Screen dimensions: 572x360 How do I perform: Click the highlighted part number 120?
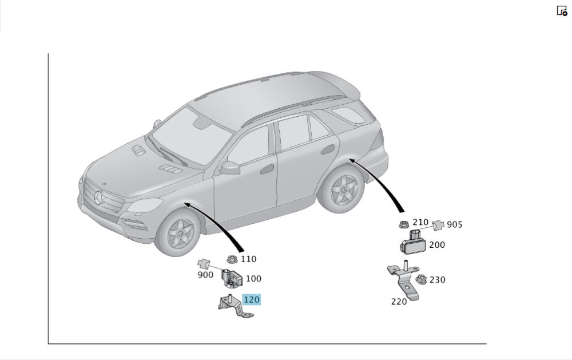coord(251,300)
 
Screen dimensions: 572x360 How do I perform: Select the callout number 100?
coord(253,279)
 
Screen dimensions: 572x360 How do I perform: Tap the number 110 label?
coord(248,259)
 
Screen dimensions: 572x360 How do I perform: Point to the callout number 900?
coord(205,275)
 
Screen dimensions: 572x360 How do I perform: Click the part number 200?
coord(437,244)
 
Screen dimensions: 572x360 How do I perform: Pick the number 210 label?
coord(420,222)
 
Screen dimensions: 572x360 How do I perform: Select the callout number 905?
coord(455,224)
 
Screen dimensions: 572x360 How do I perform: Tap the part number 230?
coord(438,280)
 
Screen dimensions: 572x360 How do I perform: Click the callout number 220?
coord(399,302)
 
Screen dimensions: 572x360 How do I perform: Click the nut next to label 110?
coord(232,259)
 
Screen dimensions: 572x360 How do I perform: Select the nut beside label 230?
coord(421,280)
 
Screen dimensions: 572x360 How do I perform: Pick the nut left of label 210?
coord(404,224)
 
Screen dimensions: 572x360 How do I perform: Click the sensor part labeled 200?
coord(414,243)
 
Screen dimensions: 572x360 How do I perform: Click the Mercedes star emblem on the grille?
coord(99,197)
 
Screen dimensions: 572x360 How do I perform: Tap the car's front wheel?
coord(179,233)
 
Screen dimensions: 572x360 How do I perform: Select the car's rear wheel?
coord(342,189)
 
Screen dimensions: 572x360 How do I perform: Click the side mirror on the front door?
coord(230,168)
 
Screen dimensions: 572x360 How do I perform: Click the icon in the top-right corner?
coord(562,10)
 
